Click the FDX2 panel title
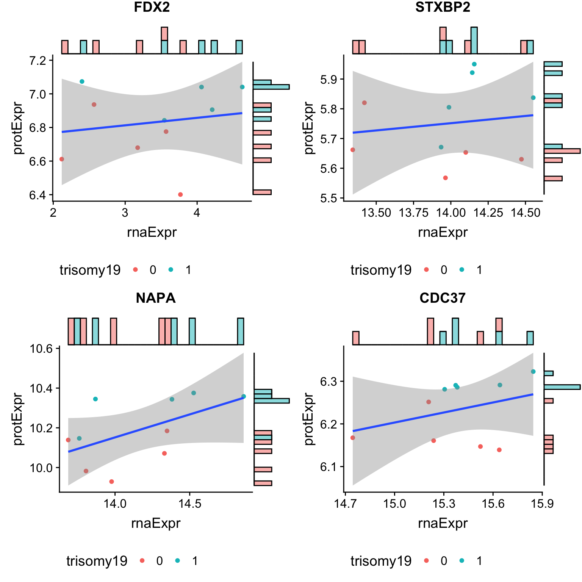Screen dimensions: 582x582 (152, 8)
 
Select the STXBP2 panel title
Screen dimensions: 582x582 (443, 8)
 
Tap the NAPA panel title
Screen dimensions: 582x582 (156, 298)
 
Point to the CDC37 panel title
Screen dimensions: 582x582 (443, 298)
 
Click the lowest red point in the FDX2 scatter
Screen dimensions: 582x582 (180, 194)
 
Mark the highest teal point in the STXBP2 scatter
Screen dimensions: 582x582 (474, 64)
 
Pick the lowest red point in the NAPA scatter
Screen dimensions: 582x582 (111, 482)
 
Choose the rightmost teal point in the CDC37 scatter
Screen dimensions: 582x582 (533, 371)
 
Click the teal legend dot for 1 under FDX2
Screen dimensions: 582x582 (171, 270)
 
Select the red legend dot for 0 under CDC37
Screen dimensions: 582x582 (426, 560)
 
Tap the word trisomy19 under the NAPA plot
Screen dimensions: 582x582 (97, 561)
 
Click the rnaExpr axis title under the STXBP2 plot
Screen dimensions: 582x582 (443, 232)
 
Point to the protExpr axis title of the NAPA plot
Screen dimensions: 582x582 (18, 419)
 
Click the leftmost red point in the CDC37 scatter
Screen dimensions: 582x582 (353, 438)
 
